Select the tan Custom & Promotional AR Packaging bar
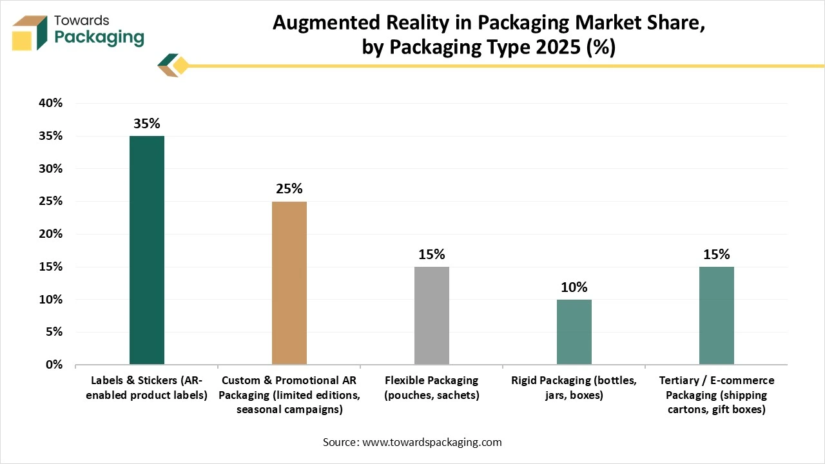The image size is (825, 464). tap(289, 283)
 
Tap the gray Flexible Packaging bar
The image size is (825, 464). tap(431, 316)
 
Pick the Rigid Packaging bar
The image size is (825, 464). tap(574, 332)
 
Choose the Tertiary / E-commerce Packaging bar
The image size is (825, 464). tap(716, 316)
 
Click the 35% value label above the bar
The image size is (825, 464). tap(147, 124)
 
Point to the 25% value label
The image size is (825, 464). tap(289, 189)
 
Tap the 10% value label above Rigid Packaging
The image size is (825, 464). tap(574, 287)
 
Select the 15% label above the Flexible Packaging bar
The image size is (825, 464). tap(431, 255)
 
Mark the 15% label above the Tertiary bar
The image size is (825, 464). tap(716, 255)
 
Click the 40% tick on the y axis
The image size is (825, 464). tap(50, 103)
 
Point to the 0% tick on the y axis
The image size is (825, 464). tap(53, 365)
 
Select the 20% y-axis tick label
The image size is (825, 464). tap(50, 234)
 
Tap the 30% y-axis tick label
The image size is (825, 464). tap(50, 169)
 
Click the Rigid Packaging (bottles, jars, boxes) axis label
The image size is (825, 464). tap(574, 388)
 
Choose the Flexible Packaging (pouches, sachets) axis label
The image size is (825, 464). tap(431, 388)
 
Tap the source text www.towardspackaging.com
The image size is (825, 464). tap(412, 442)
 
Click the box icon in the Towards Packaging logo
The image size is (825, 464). tap(30, 32)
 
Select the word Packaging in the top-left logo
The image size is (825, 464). tap(99, 37)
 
